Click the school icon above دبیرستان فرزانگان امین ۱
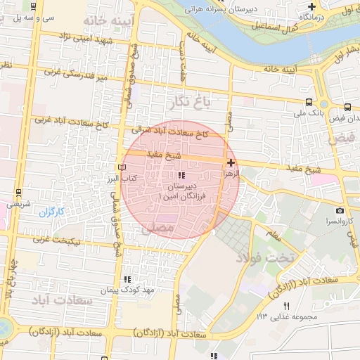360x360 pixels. pyautogui.click(x=181, y=175)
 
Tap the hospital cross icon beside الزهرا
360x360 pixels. pyautogui.click(x=231, y=162)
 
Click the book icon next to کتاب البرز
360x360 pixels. pyautogui.click(x=123, y=168)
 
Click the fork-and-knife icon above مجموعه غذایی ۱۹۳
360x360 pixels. pyautogui.click(x=285, y=306)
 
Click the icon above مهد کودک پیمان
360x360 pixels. pyautogui.click(x=127, y=279)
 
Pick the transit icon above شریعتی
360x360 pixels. pyautogui.click(x=18, y=193)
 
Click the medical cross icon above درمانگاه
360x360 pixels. pyautogui.click(x=311, y=6)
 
